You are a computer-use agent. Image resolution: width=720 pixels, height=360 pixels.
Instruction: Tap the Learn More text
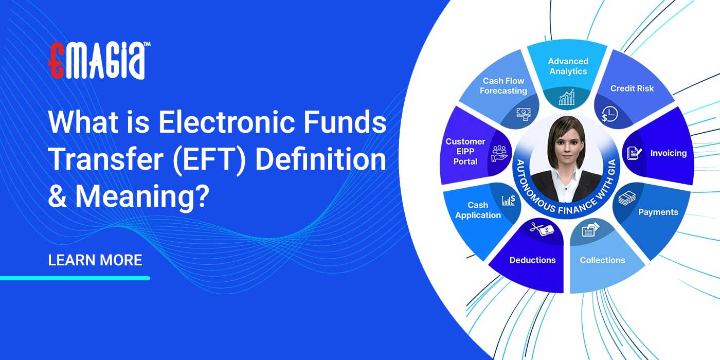click(x=95, y=260)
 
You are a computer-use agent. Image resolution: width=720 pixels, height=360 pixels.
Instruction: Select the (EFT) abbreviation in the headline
click(x=212, y=160)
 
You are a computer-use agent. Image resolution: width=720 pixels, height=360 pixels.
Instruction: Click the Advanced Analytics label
click(x=568, y=66)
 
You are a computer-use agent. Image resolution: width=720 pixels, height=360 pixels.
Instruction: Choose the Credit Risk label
click(x=632, y=88)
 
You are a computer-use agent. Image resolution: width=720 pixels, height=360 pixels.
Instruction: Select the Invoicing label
click(x=668, y=153)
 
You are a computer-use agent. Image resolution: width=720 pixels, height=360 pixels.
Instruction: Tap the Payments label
click(x=658, y=212)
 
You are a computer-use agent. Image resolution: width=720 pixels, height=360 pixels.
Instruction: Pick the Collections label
click(x=602, y=260)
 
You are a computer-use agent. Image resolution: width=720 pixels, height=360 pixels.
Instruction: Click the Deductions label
click(x=532, y=260)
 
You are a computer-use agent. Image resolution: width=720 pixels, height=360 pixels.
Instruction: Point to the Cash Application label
click(x=478, y=210)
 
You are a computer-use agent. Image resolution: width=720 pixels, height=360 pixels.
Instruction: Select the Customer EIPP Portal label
click(x=465, y=151)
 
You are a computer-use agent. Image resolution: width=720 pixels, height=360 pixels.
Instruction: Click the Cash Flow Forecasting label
click(x=503, y=86)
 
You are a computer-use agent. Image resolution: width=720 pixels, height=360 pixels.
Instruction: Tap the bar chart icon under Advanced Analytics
click(x=567, y=97)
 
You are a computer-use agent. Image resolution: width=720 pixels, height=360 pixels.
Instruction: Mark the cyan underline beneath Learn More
click(x=75, y=278)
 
